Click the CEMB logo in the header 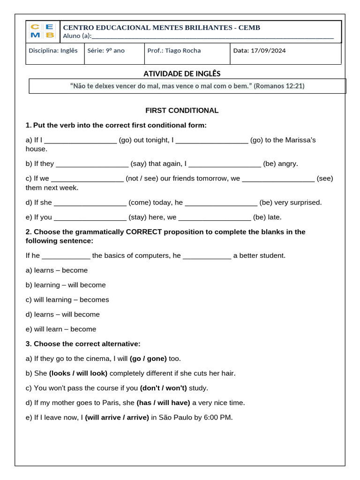click(x=42, y=31)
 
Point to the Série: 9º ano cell click(x=106, y=51)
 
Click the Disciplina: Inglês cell click(x=53, y=51)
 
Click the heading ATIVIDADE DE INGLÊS click(x=181, y=74)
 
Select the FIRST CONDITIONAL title click(x=182, y=111)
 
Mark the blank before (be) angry click(x=225, y=164)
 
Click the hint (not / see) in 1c click(x=142, y=179)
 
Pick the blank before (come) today click(x=90, y=203)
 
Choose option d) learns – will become click(x=62, y=315)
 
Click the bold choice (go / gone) click(x=148, y=359)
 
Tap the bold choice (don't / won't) click(x=163, y=388)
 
